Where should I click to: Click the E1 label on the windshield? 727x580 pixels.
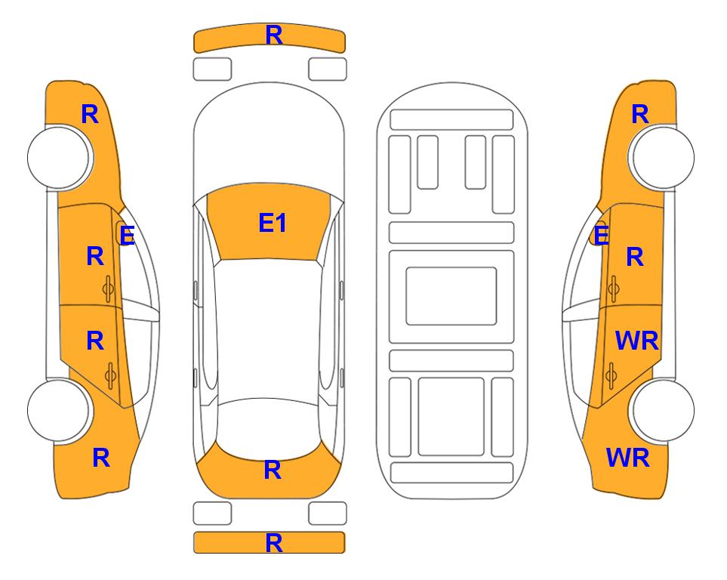pyautogui.click(x=273, y=223)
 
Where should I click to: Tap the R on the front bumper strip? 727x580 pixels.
pyautogui.click(x=274, y=35)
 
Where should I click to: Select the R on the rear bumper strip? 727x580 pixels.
pyautogui.click(x=274, y=543)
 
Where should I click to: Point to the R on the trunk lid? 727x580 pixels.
pyautogui.click(x=273, y=470)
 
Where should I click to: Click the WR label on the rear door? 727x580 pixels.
pyautogui.click(x=636, y=341)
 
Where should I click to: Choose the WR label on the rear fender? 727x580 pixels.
pyautogui.click(x=628, y=458)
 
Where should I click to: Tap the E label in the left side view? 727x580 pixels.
pyautogui.click(x=127, y=236)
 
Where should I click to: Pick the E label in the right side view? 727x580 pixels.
pyautogui.click(x=601, y=236)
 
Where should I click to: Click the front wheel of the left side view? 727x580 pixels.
pyautogui.click(x=59, y=157)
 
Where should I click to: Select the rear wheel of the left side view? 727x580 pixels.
pyautogui.click(x=59, y=410)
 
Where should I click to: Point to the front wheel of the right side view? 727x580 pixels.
pyautogui.click(x=663, y=157)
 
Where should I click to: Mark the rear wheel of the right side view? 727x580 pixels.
pyautogui.click(x=663, y=410)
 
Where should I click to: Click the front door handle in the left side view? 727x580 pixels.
pyautogui.click(x=109, y=288)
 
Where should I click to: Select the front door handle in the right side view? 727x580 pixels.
pyautogui.click(x=613, y=288)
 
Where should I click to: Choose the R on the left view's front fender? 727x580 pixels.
pyautogui.click(x=90, y=114)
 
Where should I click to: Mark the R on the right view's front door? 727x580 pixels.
pyautogui.click(x=635, y=257)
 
